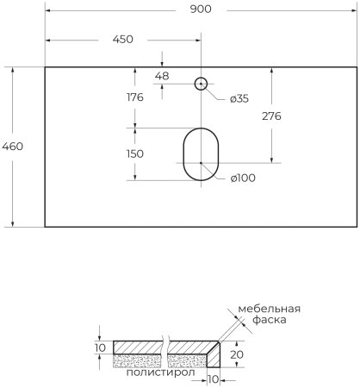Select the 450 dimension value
tap(122, 40)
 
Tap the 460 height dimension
tap(13, 146)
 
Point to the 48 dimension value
tap(161, 76)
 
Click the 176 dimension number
tap(134, 97)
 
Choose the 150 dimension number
tap(134, 153)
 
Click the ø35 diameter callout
tap(239, 99)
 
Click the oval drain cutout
tap(201, 155)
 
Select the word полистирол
tap(159, 372)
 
